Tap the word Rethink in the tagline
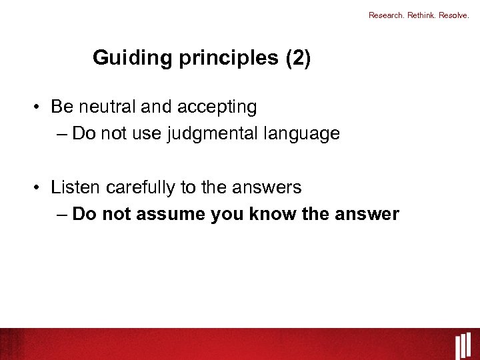tap(421, 15)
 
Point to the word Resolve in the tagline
tap(455, 15)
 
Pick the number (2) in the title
tap(298, 58)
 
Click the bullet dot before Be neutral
tap(41, 107)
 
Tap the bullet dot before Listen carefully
tap(41, 188)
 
